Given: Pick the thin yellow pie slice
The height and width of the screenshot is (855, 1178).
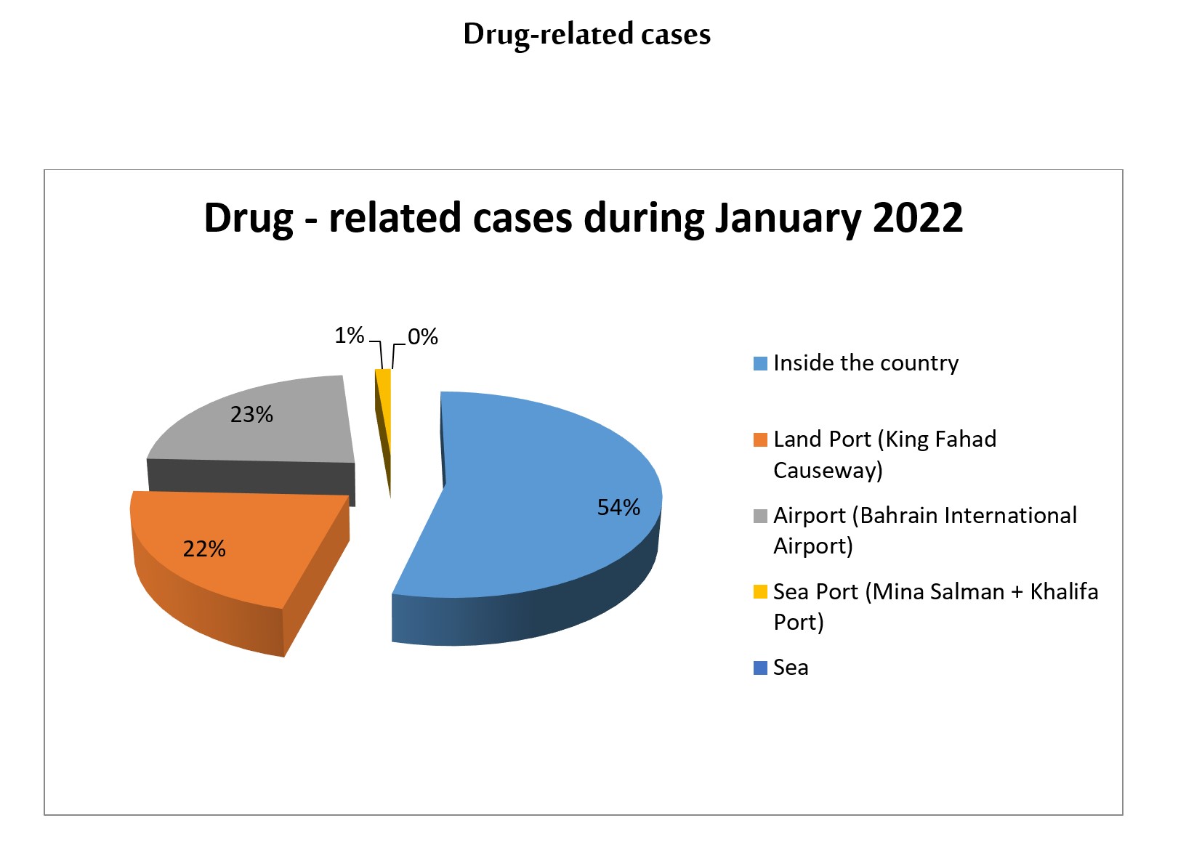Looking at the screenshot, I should (384, 407).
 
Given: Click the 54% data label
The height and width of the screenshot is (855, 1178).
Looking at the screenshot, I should (618, 507).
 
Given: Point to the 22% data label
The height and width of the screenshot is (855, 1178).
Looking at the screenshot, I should (204, 548).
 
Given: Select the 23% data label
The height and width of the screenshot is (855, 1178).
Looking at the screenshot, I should (251, 414).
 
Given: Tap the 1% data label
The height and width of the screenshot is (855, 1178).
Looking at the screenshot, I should (349, 336).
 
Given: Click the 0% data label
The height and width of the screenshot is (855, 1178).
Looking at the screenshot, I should (422, 337).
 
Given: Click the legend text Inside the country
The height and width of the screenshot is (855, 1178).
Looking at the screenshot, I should (866, 362).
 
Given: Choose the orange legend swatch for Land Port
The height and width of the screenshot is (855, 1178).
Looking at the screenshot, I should (761, 439).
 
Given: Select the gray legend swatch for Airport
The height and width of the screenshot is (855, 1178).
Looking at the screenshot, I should (761, 516).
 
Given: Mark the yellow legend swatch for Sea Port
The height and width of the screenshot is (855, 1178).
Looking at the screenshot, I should (761, 592).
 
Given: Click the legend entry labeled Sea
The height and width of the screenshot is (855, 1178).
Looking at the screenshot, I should (791, 668).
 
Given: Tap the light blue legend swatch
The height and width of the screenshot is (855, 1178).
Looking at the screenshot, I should (761, 363).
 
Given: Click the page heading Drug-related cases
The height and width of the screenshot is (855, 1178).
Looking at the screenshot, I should (587, 34).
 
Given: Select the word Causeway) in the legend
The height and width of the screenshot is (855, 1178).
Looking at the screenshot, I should (828, 470).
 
